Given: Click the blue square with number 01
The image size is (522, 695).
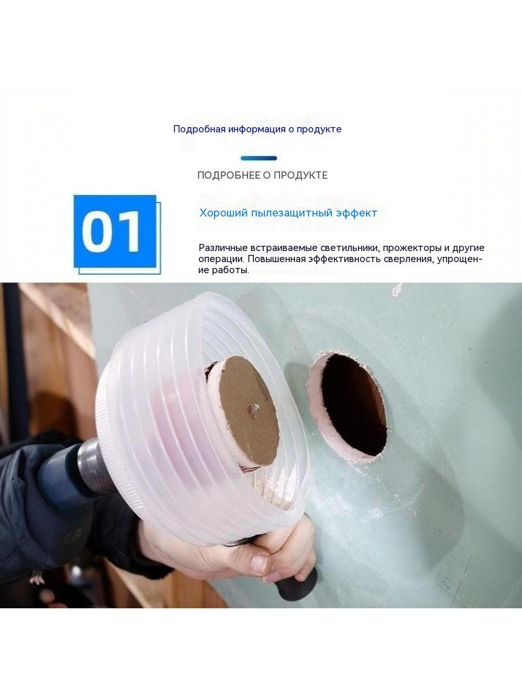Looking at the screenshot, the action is [x=115, y=231].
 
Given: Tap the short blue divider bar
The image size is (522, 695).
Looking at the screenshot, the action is [x=259, y=158].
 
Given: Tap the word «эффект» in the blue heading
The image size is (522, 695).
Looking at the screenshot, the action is [x=356, y=213].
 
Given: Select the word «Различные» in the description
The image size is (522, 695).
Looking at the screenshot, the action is [x=220, y=248].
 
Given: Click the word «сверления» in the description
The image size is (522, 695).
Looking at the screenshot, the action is [x=410, y=259].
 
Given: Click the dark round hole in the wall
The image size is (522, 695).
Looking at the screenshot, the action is [x=354, y=404].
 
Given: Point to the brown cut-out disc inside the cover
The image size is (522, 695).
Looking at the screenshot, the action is [x=249, y=411].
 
